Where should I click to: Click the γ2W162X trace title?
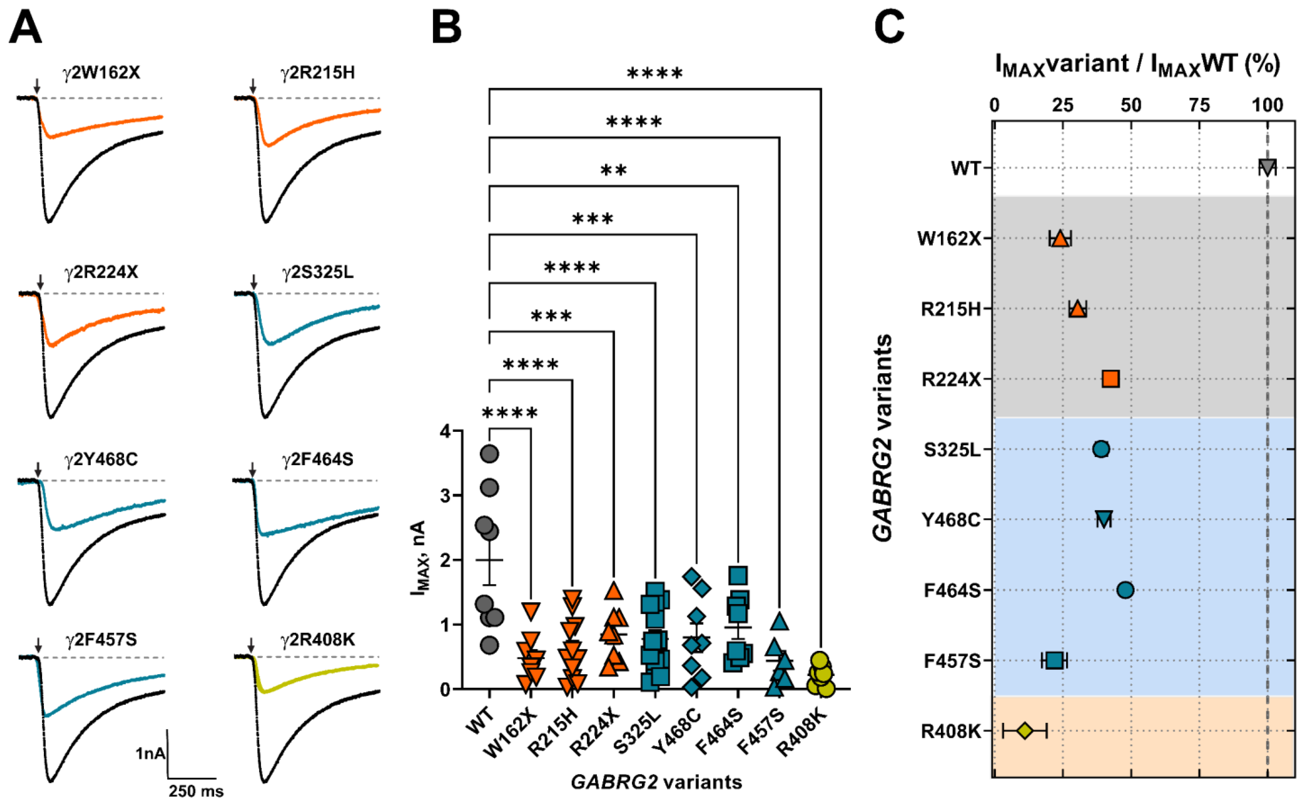tap(101, 72)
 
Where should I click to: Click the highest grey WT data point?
tap(489, 453)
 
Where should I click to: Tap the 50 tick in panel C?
tap(1130, 105)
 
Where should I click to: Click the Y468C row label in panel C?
tap(951, 520)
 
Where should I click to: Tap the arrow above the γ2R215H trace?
tap(253, 85)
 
